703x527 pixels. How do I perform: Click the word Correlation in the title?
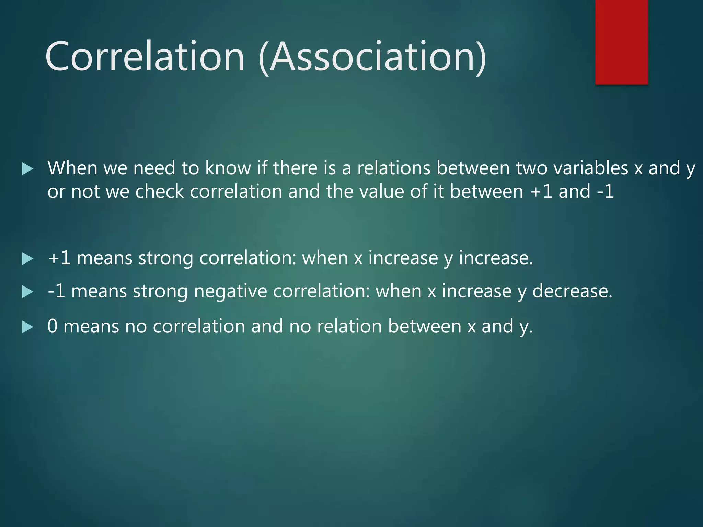144,57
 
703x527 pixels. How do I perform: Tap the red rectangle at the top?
621,41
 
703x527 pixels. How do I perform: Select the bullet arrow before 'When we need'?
27,168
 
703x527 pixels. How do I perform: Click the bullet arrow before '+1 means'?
27,258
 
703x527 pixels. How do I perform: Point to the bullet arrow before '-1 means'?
27,292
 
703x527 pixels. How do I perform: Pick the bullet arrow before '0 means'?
27,327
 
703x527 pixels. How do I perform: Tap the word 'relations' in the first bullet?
394,168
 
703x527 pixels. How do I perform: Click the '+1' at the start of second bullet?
59,258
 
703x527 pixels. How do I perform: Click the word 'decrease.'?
572,292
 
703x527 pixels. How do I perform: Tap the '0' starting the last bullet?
53,326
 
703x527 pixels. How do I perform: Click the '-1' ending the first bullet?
605,191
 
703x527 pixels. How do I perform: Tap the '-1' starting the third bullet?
56,292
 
